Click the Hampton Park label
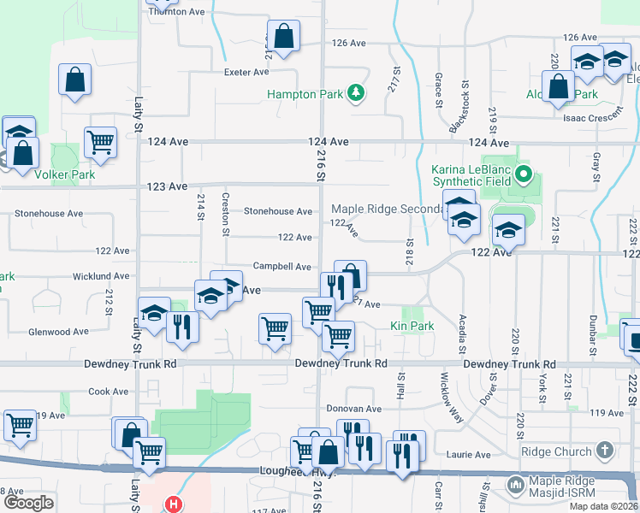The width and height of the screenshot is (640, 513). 304,94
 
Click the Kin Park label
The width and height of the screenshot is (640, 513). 412,326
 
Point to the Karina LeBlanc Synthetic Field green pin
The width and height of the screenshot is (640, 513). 526,177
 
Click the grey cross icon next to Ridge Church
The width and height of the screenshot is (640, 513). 605,450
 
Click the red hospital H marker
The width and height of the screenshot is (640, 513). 175,504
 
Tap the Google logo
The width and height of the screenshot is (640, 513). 28,503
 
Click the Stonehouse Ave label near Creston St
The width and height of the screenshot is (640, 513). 278,211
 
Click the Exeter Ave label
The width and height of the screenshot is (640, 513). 246,73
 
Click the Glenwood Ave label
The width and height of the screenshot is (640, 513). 58,332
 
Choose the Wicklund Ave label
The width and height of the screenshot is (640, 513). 100,276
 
